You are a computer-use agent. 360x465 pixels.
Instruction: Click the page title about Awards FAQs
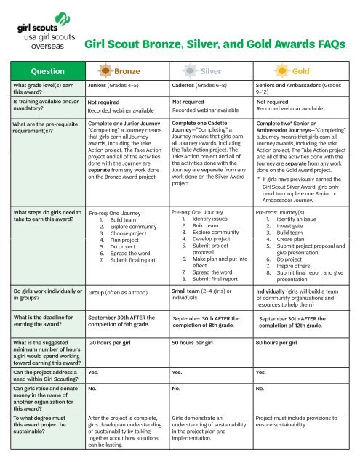click(215, 44)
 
